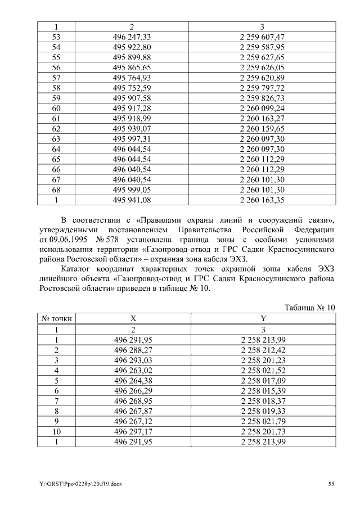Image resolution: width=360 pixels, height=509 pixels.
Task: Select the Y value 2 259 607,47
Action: coord(262,37)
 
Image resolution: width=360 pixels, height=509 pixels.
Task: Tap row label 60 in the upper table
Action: coord(56,107)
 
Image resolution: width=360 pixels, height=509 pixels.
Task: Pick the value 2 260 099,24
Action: coord(262,107)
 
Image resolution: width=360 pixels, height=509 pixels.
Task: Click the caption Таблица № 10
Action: coord(310,307)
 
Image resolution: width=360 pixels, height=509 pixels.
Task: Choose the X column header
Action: coord(133,319)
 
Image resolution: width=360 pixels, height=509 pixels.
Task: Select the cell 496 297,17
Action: coord(133,431)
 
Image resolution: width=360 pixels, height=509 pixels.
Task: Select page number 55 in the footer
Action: coord(331,484)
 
